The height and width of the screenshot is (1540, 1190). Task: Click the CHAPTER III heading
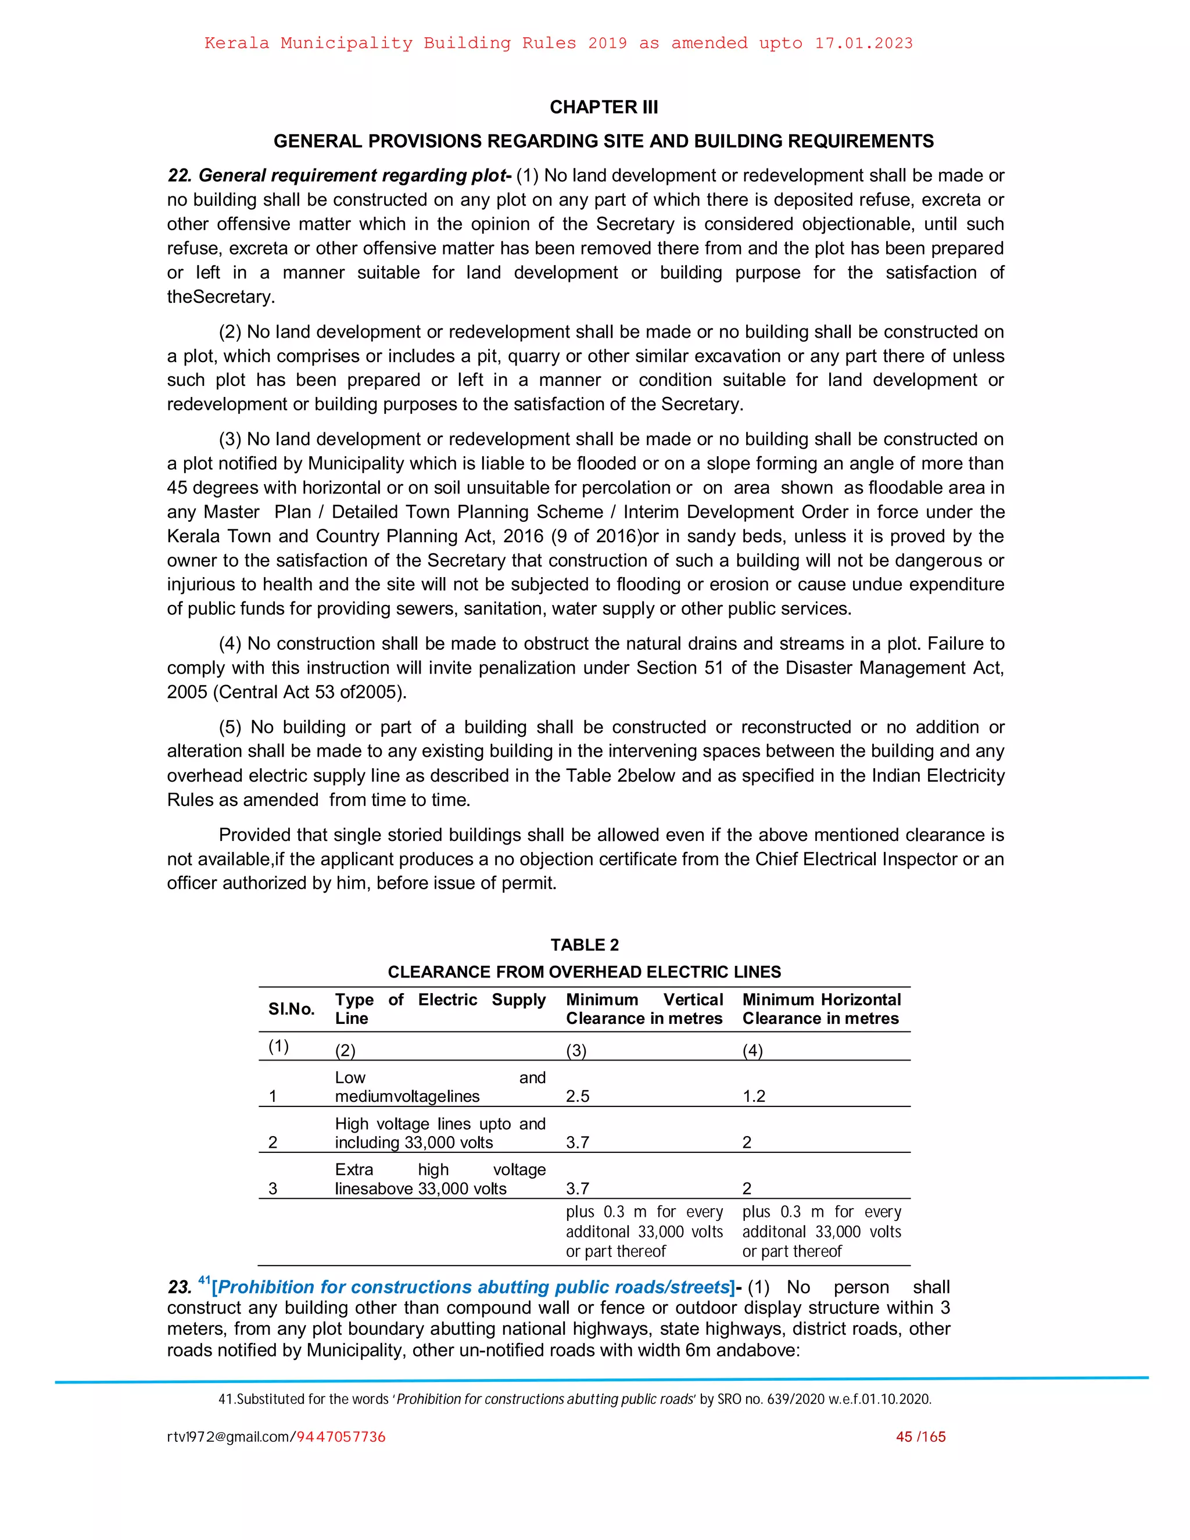[604, 107]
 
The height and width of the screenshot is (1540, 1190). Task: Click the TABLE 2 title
[585, 945]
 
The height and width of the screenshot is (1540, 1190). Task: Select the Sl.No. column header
[291, 1009]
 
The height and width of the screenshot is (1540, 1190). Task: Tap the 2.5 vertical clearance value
[578, 1096]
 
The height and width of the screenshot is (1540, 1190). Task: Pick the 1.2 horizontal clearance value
[754, 1096]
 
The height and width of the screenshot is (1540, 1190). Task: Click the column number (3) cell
[576, 1050]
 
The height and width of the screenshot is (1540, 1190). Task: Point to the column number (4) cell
[752, 1050]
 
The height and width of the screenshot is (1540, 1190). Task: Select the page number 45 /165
[921, 1437]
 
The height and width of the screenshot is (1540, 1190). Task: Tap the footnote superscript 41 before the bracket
[205, 1280]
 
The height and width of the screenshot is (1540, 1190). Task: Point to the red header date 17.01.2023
[863, 43]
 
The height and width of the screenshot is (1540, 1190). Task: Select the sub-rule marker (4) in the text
[231, 644]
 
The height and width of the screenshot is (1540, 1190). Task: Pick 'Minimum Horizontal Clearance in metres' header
[821, 1009]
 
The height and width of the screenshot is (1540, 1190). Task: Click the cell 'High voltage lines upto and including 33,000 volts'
[440, 1133]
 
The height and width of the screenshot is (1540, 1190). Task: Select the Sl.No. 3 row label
[273, 1189]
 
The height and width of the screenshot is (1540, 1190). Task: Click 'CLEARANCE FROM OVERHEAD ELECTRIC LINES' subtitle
[585, 972]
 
